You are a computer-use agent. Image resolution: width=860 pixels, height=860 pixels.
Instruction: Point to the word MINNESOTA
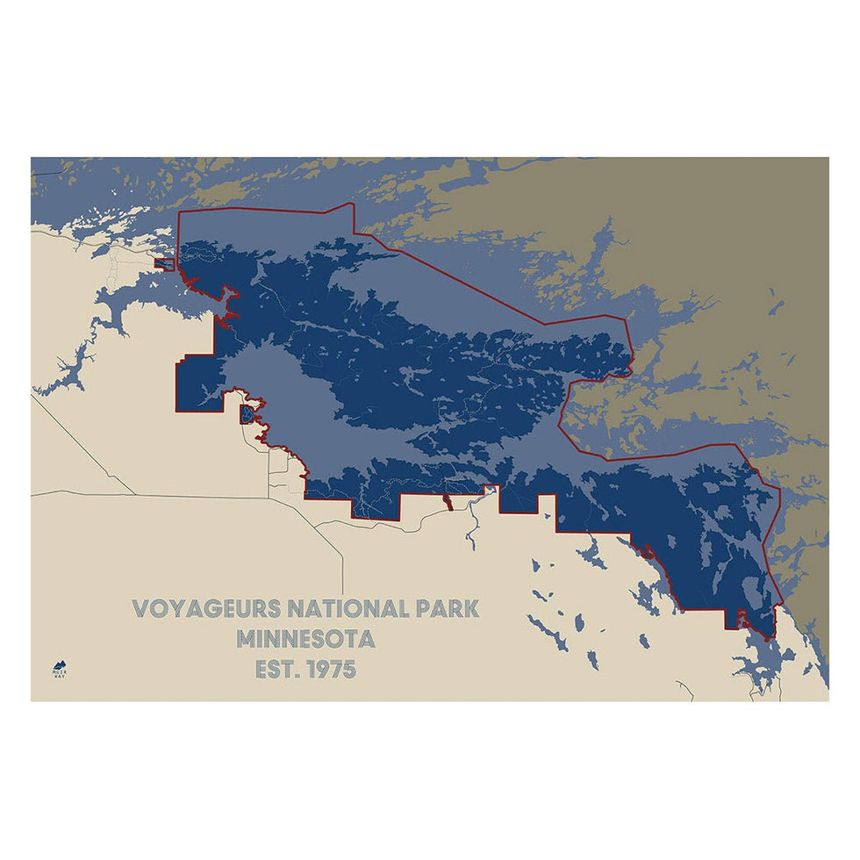[x=306, y=639]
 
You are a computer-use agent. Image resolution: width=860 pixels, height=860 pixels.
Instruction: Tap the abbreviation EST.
[x=273, y=670]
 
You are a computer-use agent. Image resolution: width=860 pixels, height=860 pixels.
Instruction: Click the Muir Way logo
[x=60, y=669]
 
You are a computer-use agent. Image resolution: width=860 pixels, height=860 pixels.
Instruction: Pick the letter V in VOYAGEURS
[x=140, y=608]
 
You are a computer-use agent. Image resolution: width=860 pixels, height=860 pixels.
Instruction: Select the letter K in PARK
[x=471, y=608]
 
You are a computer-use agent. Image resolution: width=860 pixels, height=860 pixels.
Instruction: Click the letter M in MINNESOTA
[x=248, y=639]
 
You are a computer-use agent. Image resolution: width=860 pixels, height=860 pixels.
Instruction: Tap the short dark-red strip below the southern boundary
[x=447, y=502]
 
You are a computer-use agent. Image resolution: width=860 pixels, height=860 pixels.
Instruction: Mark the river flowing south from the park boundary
[x=471, y=527]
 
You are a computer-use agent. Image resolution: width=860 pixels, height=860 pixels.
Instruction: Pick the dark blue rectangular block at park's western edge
[x=195, y=383]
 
